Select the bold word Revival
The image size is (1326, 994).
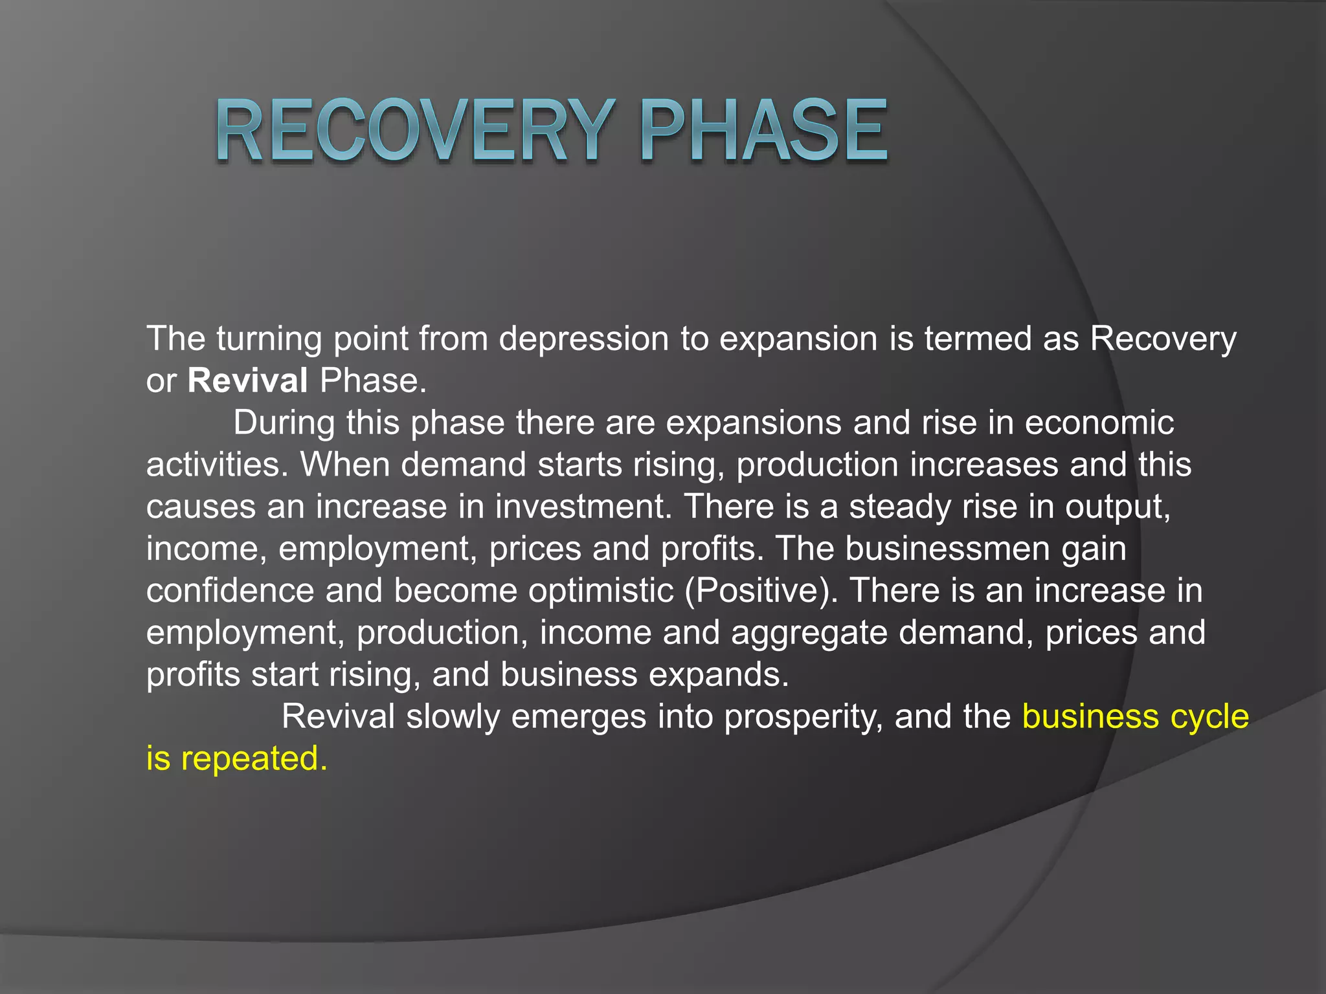coord(247,381)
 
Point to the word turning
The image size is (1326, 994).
coord(269,339)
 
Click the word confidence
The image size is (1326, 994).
coord(230,591)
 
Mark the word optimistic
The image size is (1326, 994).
coord(601,591)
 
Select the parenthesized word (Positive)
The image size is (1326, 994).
coord(761,591)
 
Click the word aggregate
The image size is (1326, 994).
coord(809,633)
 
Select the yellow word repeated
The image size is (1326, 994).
coord(254,758)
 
